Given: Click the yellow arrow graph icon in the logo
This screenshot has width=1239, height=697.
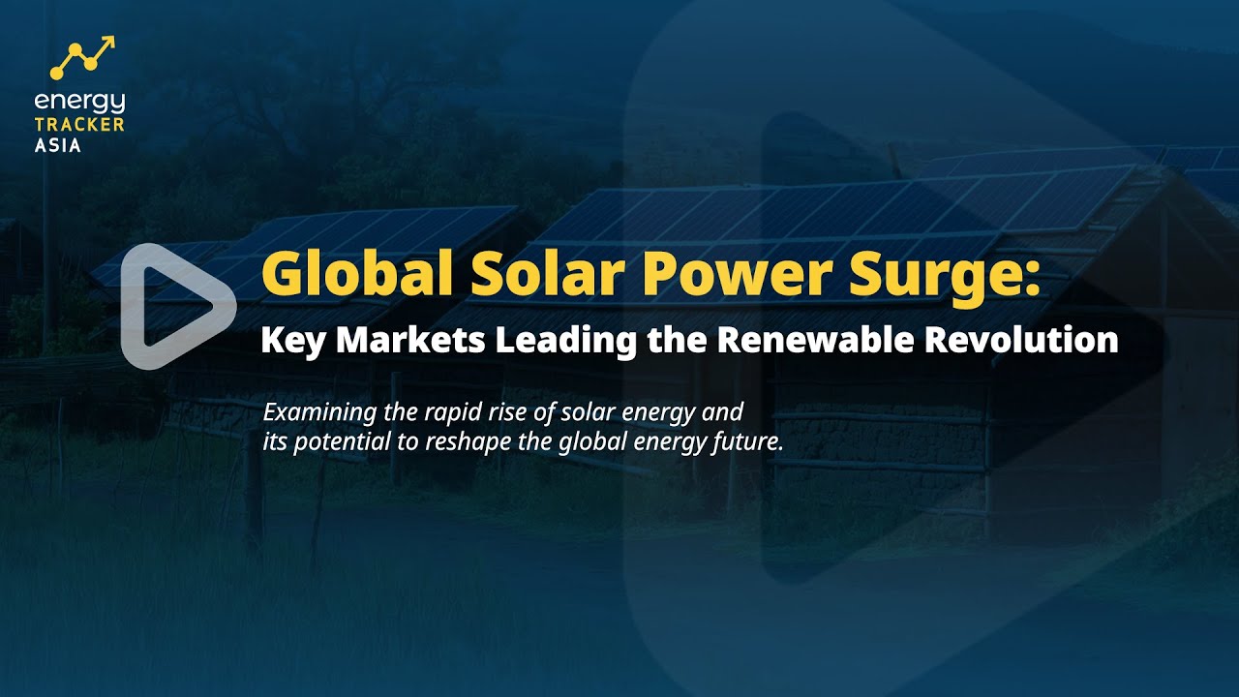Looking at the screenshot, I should point(84,58).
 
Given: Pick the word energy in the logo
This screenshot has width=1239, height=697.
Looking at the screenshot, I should point(79,103).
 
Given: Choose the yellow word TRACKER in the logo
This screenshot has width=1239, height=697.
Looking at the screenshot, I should point(79,125).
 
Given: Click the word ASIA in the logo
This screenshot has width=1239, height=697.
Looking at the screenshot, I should point(58,145).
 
